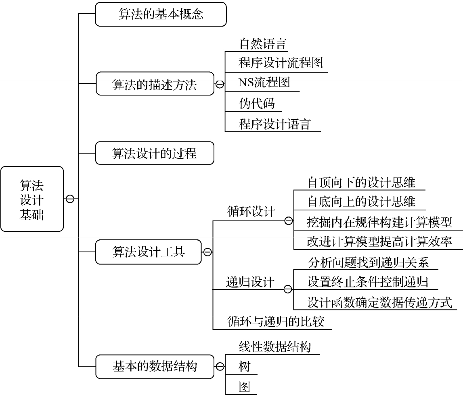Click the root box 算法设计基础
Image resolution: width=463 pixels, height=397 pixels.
tap(32, 199)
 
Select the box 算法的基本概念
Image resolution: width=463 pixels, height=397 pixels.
tap(161, 14)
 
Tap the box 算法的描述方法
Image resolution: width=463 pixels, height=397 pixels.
tap(155, 84)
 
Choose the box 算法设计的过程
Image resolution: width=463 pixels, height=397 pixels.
tap(155, 153)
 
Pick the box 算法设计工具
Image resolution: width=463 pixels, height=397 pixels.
tap(149, 252)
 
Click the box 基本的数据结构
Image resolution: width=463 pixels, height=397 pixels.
tap(155, 367)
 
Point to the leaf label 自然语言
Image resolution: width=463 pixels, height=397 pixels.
tap(263, 44)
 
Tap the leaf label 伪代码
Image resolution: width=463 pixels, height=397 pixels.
tap(257, 103)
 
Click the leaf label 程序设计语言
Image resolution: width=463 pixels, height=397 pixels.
tap(274, 124)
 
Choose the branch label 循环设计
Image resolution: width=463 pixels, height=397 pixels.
tap(251, 212)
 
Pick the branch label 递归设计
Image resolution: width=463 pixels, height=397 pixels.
tap(250, 282)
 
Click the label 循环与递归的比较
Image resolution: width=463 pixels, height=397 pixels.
tap(276, 321)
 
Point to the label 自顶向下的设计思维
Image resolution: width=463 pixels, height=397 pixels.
tap(361, 183)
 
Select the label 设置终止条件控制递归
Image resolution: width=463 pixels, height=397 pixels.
tap(368, 282)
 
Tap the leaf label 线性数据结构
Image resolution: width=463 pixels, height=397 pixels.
tap(275, 347)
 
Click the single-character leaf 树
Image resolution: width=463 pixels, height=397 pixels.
tap(245, 367)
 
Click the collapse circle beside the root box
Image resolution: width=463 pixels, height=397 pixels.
tap(70, 199)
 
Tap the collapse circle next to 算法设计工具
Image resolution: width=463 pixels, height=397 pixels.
tap(207, 252)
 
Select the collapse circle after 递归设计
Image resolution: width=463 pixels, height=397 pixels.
tap(288, 289)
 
